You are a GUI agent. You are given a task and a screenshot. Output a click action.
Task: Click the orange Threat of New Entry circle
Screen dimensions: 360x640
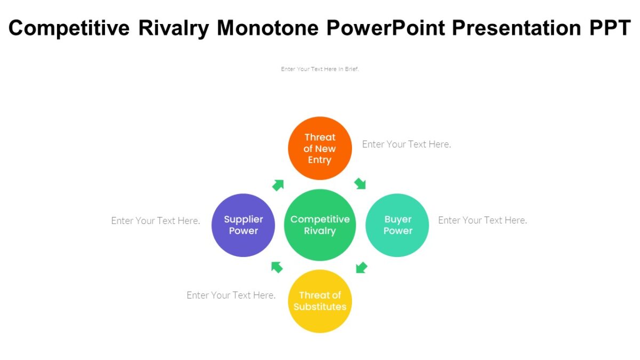click(320, 148)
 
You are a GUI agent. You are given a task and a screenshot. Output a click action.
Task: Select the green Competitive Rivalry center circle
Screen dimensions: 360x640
click(320, 225)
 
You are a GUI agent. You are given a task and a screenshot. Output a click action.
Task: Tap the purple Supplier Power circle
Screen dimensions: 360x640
click(243, 225)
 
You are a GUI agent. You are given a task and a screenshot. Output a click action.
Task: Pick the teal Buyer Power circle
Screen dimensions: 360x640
click(397, 225)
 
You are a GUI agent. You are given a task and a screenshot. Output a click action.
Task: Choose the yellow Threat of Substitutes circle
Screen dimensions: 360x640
click(320, 301)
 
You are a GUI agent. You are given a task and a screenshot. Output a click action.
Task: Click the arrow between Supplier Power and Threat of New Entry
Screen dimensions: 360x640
click(278, 185)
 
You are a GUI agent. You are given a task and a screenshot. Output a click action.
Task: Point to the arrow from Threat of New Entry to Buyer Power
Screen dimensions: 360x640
click(361, 184)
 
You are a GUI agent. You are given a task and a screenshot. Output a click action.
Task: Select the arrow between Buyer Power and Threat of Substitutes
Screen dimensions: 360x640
click(362, 267)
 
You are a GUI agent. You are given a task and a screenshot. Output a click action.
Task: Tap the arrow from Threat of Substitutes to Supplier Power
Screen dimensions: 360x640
click(277, 267)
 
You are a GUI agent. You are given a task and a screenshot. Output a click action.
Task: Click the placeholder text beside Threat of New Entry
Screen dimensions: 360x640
click(406, 144)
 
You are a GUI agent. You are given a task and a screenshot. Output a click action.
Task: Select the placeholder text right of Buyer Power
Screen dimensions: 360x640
click(482, 220)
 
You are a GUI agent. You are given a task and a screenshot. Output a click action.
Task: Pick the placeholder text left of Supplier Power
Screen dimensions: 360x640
click(156, 221)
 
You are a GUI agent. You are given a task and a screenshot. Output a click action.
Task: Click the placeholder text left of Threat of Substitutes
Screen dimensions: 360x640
click(231, 295)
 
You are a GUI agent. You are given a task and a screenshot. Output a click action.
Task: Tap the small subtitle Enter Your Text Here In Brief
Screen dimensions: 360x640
click(320, 69)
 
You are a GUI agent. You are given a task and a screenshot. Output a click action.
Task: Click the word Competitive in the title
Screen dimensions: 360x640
click(69, 28)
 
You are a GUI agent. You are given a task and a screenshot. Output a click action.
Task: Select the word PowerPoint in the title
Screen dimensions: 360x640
click(386, 28)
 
